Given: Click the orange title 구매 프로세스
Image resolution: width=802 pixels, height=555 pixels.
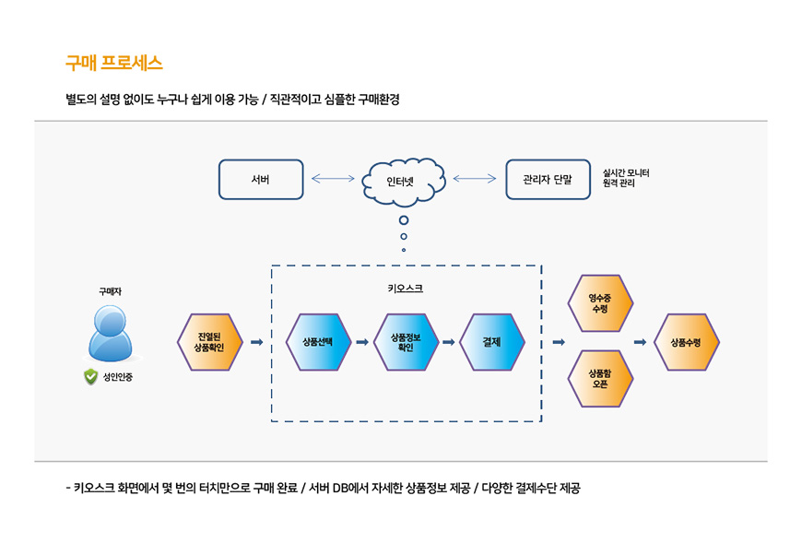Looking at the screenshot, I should click(x=114, y=64).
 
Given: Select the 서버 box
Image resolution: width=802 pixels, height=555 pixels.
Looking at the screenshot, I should click(x=261, y=180).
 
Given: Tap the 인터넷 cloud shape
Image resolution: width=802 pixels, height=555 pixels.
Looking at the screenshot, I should click(x=405, y=180).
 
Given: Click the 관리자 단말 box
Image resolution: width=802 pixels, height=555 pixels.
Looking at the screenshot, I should click(x=548, y=180).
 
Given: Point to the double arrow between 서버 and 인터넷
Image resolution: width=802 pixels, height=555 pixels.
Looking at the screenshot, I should click(x=333, y=179).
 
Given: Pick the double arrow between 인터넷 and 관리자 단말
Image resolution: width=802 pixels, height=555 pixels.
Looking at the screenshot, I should click(x=475, y=179).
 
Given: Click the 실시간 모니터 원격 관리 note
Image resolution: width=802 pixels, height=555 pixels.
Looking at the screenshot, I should click(x=626, y=178).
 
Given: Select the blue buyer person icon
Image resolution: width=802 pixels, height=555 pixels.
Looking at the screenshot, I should click(x=111, y=333).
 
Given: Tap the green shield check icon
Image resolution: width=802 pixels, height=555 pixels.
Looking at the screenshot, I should click(x=90, y=376).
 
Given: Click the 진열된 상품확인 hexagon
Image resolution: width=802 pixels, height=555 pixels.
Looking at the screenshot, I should click(x=209, y=342).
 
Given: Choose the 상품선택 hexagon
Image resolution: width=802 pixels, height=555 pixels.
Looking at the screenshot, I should click(x=319, y=342).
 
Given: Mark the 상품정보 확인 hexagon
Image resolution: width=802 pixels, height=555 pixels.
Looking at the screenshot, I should click(x=406, y=342).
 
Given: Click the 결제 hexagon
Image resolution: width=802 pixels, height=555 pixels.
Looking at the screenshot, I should click(x=492, y=342).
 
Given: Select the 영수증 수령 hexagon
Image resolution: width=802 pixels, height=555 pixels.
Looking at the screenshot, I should click(x=600, y=303).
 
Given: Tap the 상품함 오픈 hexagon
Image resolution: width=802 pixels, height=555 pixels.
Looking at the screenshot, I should click(x=600, y=378).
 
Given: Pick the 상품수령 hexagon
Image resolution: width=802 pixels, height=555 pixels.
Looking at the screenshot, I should click(x=686, y=342).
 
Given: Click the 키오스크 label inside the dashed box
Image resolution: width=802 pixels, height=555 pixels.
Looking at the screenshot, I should click(x=406, y=289).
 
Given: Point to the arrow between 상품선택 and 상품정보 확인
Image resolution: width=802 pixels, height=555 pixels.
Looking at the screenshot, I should click(x=362, y=342).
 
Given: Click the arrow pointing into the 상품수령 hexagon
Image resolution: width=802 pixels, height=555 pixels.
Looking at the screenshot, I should click(x=640, y=342).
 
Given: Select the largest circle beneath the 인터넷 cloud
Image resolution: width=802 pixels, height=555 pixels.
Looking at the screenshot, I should click(x=404, y=220).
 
